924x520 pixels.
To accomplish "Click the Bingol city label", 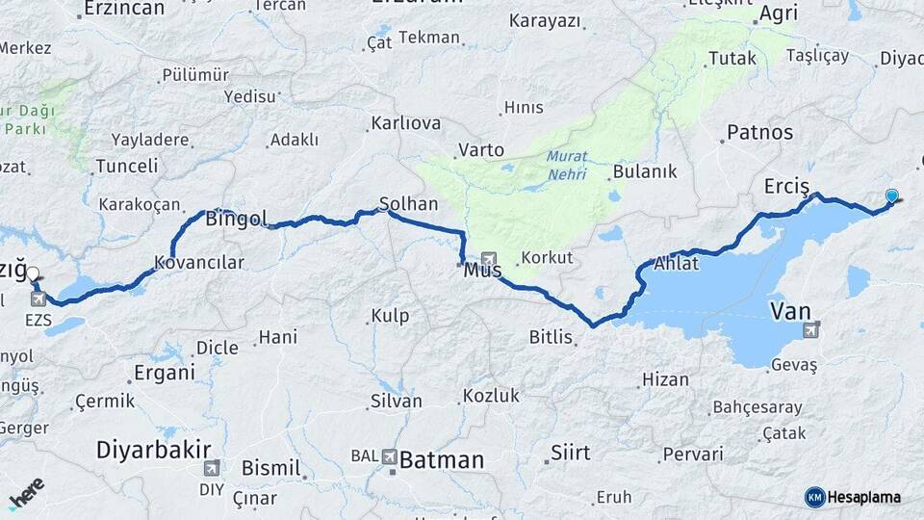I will pyautogui.click(x=236, y=219).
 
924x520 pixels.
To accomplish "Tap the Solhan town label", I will pyautogui.click(x=409, y=204).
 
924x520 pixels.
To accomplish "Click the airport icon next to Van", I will pyautogui.click(x=812, y=330).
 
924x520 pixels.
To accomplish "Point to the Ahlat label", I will pyautogui.click(x=676, y=263).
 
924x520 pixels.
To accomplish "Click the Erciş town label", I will pyautogui.click(x=786, y=185).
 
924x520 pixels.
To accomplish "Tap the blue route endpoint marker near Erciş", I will pyautogui.click(x=891, y=196).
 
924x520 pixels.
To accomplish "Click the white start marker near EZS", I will pyautogui.click(x=33, y=274).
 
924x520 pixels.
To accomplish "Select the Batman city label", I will pyautogui.click(x=441, y=460).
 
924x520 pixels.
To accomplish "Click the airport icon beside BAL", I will pyautogui.click(x=390, y=456).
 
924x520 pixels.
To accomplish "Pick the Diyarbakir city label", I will pyautogui.click(x=154, y=450).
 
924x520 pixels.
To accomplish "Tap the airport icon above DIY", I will pyautogui.click(x=210, y=467).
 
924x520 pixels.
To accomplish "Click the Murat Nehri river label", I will pyautogui.click(x=567, y=166).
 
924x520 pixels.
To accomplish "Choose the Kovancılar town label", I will pyautogui.click(x=199, y=262).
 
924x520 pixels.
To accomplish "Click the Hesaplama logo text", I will pyautogui.click(x=863, y=497).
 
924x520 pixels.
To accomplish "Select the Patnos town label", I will pyautogui.click(x=760, y=132).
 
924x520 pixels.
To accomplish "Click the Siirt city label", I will pyautogui.click(x=570, y=451).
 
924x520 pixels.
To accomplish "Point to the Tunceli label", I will pyautogui.click(x=126, y=166).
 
